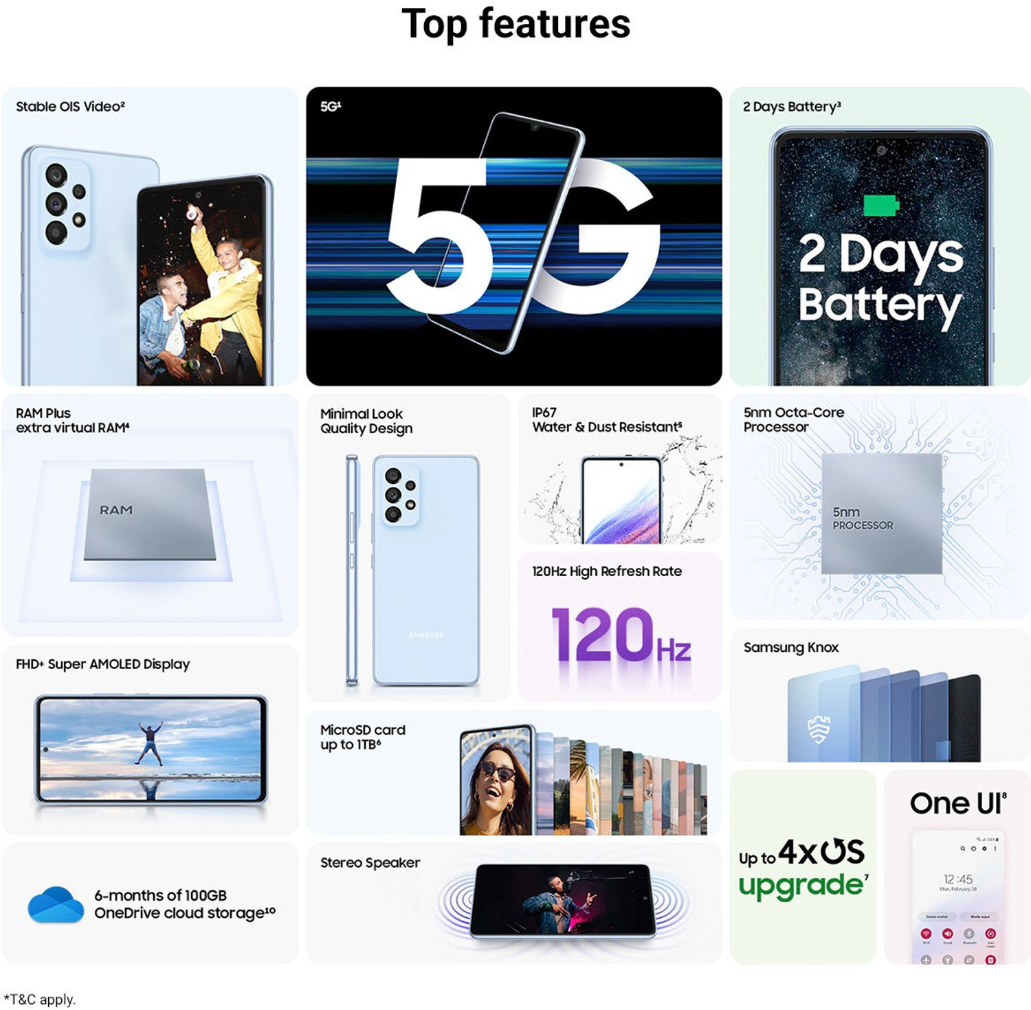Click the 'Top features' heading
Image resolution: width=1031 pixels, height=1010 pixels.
[515, 24]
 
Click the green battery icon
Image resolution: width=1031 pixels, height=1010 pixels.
[880, 205]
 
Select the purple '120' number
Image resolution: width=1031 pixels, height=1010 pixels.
[602, 635]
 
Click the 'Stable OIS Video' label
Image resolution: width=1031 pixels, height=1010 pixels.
[70, 107]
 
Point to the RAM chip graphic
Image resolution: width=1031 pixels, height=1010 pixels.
[149, 514]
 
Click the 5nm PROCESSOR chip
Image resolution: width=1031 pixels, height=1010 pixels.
[881, 513]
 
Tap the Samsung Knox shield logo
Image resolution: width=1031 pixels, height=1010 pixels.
[819, 729]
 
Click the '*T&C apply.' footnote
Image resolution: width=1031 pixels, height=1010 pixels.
[39, 999]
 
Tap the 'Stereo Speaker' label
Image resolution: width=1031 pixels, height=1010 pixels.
[370, 862]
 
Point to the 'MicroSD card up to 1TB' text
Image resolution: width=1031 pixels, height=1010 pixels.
[362, 737]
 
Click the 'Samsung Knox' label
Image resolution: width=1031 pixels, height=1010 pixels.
[790, 647]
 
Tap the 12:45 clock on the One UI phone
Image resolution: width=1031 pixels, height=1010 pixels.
[958, 879]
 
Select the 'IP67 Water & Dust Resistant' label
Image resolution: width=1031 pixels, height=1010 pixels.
[606, 420]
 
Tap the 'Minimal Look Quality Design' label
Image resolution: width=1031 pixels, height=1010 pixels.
[366, 421]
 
